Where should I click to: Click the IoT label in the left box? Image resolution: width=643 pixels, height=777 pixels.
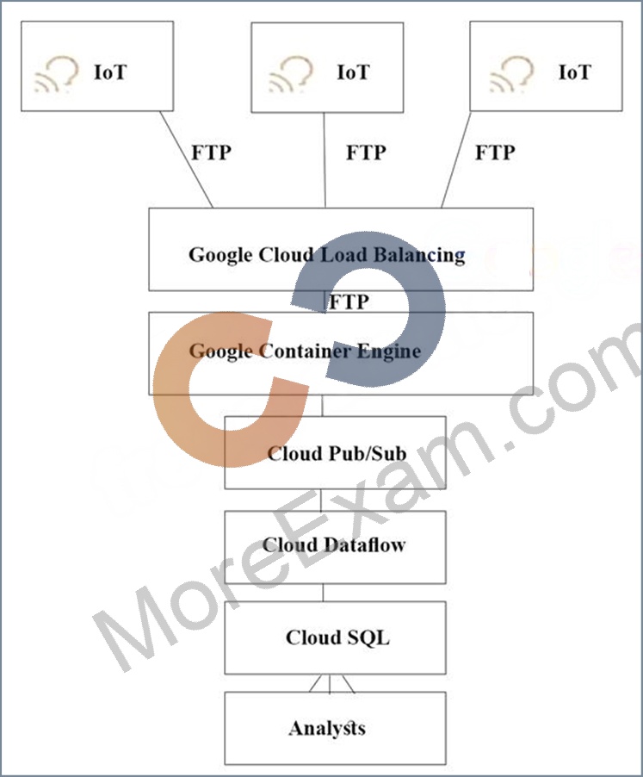pos(110,72)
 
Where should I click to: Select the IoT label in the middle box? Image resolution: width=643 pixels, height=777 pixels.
pos(354,72)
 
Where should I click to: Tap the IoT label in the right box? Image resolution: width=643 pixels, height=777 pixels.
pos(575,72)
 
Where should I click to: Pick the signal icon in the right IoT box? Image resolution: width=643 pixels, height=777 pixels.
pos(511,74)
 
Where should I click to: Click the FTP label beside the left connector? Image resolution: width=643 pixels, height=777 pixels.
pos(212,152)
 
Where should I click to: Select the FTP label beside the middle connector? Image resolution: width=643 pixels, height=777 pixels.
pos(367,152)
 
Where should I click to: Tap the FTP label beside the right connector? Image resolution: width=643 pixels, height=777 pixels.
pos(496,152)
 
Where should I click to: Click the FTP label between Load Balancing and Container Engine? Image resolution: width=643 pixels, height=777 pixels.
pos(349,301)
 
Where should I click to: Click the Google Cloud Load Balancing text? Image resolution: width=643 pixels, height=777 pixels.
pos(327,255)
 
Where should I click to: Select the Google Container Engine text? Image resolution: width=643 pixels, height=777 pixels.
pos(305,351)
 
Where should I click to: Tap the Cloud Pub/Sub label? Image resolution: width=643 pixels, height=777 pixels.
pos(337,453)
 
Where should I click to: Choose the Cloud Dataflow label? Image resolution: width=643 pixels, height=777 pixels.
pos(334,544)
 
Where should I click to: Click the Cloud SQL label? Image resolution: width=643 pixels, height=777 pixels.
pos(337,637)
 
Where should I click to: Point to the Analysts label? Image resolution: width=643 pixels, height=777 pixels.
pos(327,728)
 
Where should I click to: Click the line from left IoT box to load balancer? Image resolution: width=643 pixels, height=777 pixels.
pos(187,159)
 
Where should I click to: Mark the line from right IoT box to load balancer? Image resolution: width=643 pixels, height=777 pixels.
pos(456,159)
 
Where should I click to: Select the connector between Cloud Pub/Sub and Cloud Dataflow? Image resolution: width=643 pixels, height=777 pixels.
pos(321,500)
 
